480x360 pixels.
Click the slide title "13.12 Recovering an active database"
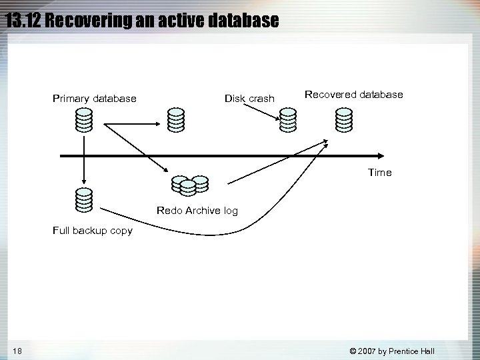tap(141, 20)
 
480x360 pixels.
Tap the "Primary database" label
tap(95, 99)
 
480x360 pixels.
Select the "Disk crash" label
tap(249, 99)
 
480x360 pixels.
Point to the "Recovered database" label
tap(353, 95)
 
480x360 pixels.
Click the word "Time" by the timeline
tap(380, 173)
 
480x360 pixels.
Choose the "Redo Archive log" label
tap(197, 211)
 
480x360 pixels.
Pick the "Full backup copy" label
tap(93, 231)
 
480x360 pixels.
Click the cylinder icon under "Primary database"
tap(83, 119)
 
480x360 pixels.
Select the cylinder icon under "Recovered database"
tap(343, 119)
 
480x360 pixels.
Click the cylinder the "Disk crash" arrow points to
tap(287, 119)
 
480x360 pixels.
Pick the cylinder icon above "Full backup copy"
tap(83, 199)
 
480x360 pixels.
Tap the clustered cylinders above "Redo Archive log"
tap(190, 185)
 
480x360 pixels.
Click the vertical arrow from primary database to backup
tap(83, 160)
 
